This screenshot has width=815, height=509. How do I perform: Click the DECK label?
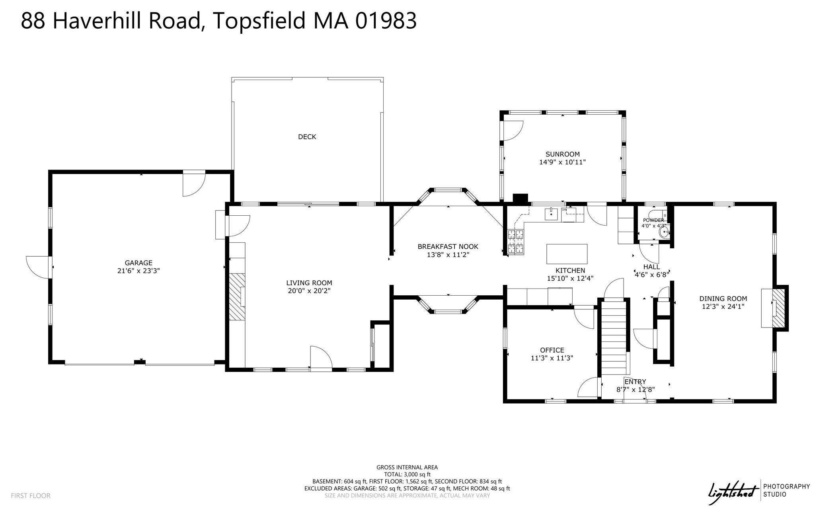click(307, 137)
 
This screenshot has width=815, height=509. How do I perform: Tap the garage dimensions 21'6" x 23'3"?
click(138, 271)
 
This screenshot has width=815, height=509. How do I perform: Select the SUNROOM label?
click(562, 154)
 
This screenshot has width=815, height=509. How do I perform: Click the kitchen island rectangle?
click(567, 254)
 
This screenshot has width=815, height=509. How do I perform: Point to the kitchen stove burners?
click(516, 242)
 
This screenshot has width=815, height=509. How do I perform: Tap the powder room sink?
click(664, 232)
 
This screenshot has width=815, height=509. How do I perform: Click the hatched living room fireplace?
click(237, 296)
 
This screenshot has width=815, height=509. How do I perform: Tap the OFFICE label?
click(552, 350)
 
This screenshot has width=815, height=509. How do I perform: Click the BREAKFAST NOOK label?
click(448, 247)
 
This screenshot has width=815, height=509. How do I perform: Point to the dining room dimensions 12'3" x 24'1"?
click(723, 306)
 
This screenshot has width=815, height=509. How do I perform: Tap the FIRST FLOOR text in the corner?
click(31, 495)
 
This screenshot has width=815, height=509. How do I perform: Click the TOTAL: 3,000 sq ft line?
click(407, 474)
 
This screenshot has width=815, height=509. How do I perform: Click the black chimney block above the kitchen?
click(520, 198)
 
